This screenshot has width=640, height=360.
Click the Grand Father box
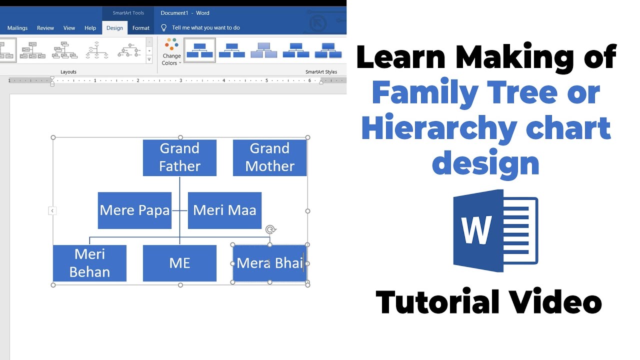(x=179, y=157)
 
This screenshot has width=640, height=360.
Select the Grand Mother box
(x=269, y=157)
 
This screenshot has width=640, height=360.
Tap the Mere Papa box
(x=134, y=210)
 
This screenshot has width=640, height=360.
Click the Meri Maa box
(x=224, y=210)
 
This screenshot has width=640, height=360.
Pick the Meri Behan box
(x=89, y=263)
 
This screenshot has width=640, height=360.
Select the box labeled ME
(x=179, y=263)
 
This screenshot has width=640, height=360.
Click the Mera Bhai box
(x=269, y=263)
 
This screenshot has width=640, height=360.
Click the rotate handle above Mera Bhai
(x=270, y=229)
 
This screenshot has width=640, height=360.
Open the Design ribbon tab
(x=114, y=28)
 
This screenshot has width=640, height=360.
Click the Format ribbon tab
(x=141, y=28)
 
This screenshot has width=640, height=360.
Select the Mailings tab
(x=17, y=28)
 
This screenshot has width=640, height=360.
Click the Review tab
(x=45, y=28)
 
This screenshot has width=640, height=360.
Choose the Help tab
(x=90, y=28)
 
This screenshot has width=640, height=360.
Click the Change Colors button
(x=171, y=52)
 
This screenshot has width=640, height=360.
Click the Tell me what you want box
(x=205, y=28)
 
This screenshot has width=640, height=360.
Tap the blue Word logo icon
(x=495, y=230)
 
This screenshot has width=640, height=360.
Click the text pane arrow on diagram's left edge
(x=52, y=211)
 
